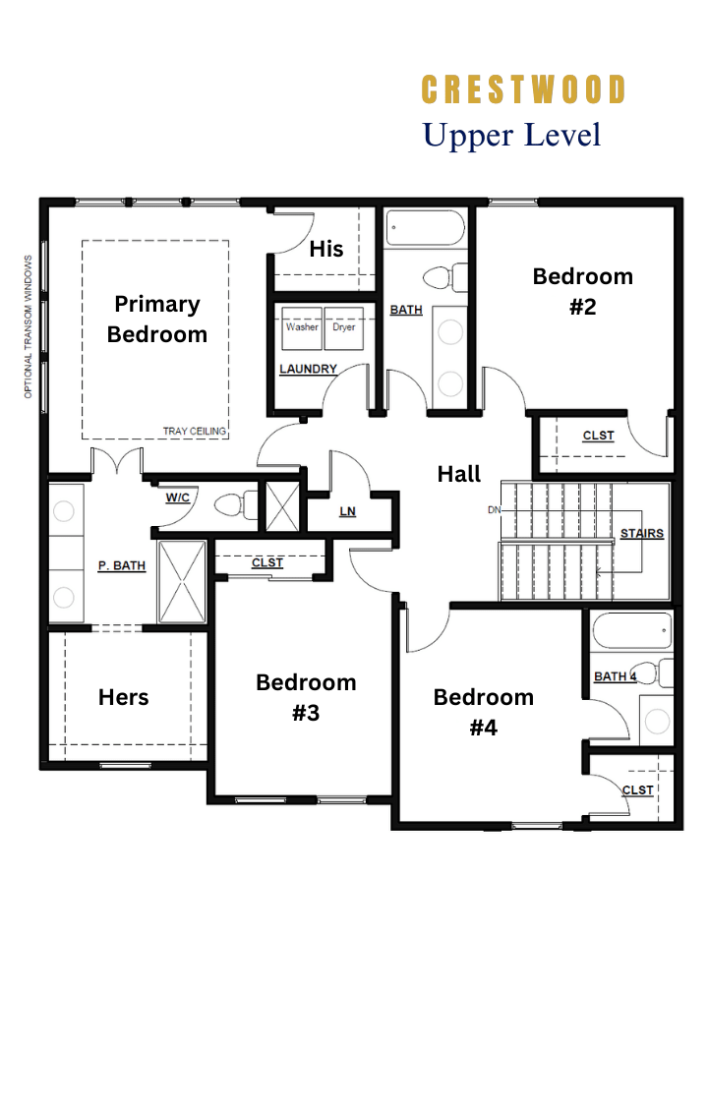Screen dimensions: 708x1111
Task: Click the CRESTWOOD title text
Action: coord(524,90)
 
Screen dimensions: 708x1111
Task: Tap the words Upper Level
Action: coord(511,136)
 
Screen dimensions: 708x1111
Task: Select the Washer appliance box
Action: coord(302,328)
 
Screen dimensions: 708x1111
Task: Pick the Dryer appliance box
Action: coord(344,328)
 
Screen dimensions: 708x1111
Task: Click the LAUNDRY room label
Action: coord(308,369)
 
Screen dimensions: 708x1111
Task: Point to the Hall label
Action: coord(458,474)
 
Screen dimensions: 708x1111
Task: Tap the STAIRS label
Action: coord(642,534)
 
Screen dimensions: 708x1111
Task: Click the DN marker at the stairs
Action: coord(494,509)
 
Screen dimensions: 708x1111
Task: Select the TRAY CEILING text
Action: coord(194,431)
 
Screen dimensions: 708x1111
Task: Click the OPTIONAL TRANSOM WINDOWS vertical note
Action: coord(29,326)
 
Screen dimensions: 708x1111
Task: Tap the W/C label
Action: coord(178,497)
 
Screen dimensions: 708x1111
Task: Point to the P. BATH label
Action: coord(122,565)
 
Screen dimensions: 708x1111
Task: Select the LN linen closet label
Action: coord(347,511)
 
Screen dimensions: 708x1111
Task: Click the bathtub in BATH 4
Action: coord(630,630)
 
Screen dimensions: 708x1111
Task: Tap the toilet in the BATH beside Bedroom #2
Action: coord(445,277)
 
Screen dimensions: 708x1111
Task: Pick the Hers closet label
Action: coord(123,697)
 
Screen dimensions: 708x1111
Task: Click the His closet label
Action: coord(326,249)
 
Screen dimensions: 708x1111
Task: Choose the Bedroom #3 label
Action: coord(306,697)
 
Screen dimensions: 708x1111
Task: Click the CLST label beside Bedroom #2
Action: coord(598,436)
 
